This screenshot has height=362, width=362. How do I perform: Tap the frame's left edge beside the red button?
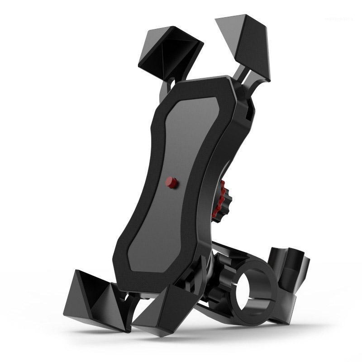click(x=145, y=181)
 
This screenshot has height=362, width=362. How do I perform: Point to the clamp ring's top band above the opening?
click(x=253, y=265)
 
